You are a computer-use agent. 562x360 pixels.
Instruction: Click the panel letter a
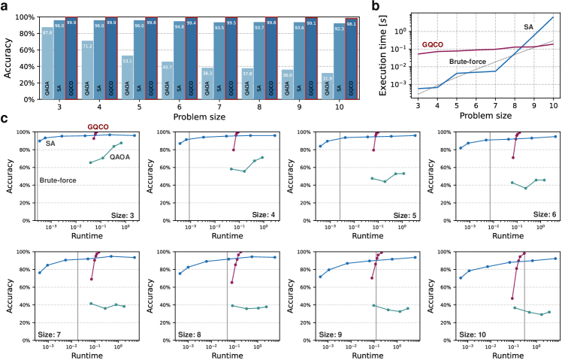tap(5, 6)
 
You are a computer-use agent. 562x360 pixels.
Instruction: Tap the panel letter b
tap(394, 6)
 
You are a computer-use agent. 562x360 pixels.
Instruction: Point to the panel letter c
tap(5, 119)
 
